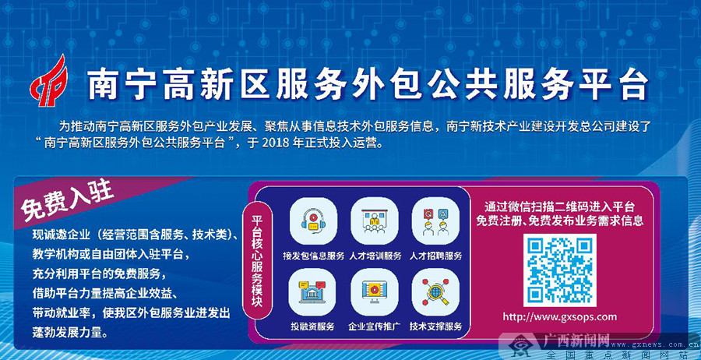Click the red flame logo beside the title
point(49,81)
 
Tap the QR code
point(559,270)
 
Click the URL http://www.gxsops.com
point(559,317)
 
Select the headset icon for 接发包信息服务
point(313,221)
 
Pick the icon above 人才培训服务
point(374,221)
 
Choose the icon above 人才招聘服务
point(435,221)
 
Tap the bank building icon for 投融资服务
point(312,291)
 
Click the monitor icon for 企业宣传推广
point(374,291)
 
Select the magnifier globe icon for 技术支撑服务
point(435,291)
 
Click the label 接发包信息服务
point(313,256)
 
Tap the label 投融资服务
point(312,326)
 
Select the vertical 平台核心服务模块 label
point(257,260)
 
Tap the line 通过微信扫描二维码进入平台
point(559,207)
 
